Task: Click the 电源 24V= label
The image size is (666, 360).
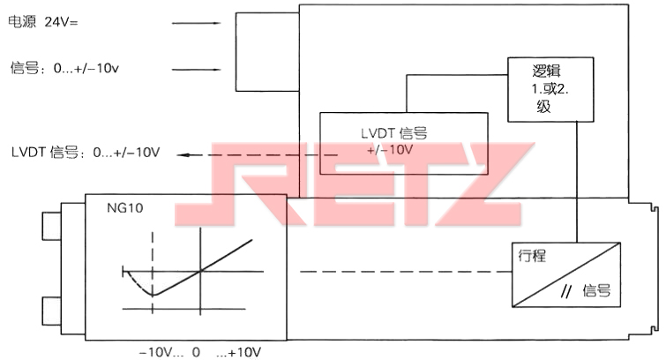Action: click(x=43, y=22)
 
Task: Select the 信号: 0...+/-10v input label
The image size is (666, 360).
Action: click(x=64, y=68)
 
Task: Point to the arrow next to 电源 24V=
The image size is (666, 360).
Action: click(x=196, y=23)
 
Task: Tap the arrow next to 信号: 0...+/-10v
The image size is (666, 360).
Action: click(x=196, y=70)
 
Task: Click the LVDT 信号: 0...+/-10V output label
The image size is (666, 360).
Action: click(x=86, y=152)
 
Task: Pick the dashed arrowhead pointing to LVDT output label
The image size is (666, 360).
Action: click(x=182, y=154)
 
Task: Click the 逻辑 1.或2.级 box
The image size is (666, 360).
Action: click(x=550, y=90)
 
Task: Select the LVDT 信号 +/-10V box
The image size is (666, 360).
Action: click(x=403, y=143)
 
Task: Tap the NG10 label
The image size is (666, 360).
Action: click(x=125, y=208)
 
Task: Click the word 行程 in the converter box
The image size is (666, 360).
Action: click(x=532, y=256)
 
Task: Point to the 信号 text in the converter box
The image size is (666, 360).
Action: click(x=597, y=290)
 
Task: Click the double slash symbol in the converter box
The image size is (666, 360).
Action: click(x=565, y=291)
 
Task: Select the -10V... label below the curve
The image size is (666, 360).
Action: click(x=161, y=352)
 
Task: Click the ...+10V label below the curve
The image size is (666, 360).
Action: click(x=238, y=352)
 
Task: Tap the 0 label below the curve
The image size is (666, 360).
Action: click(x=196, y=352)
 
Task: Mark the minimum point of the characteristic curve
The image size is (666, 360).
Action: click(x=153, y=295)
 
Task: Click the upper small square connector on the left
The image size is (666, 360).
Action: click(x=51, y=226)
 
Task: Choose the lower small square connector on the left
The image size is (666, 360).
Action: click(x=51, y=311)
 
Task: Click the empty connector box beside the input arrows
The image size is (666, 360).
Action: click(x=267, y=52)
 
